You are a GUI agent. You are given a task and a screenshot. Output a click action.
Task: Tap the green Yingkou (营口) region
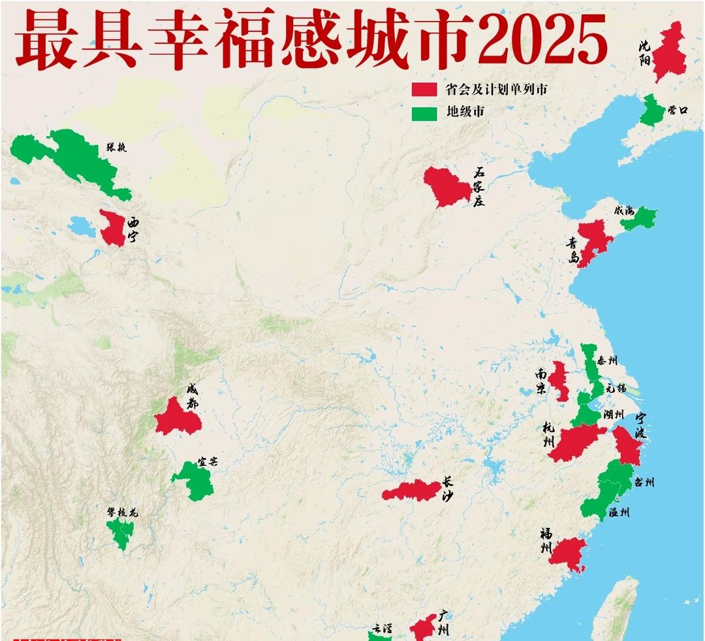pyautogui.click(x=650, y=112)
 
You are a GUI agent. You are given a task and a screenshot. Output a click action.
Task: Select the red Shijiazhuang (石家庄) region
pyautogui.click(x=446, y=187)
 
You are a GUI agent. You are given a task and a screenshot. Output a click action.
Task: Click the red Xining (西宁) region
pyautogui.click(x=113, y=229)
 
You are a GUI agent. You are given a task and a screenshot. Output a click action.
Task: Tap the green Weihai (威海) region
pyautogui.click(x=640, y=218)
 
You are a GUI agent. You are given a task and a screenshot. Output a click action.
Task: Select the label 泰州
pyautogui.click(x=608, y=361)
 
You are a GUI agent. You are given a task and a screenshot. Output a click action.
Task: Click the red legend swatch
pyautogui.click(x=424, y=90)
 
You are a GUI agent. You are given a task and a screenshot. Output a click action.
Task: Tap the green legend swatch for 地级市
pyautogui.click(x=424, y=112)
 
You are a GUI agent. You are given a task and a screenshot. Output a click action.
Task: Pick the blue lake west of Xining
pyautogui.click(x=82, y=227)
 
